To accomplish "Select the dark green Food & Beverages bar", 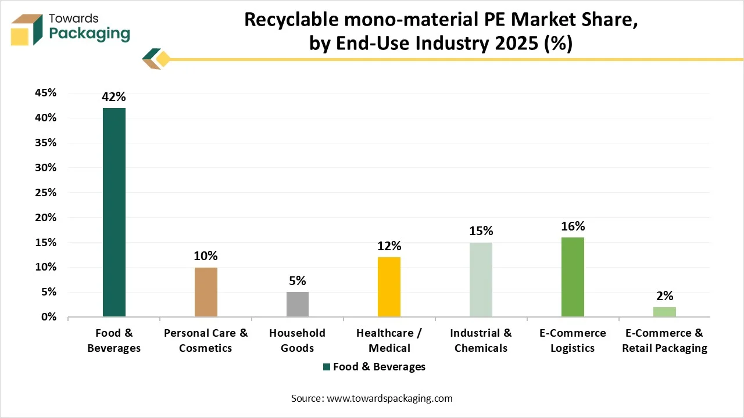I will pos(114,212).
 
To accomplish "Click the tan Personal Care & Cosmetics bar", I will pos(206,292).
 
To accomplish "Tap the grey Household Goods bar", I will pos(298,304).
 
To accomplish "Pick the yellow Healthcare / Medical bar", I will pos(389,287).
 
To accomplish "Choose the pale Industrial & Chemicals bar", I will pos(481,279).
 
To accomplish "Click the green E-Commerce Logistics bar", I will pos(573,277).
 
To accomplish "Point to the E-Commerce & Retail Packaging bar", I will pos(664,312).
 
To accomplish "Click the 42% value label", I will pos(114,97).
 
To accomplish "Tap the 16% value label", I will pos(573,226).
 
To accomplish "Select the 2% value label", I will pos(664,296).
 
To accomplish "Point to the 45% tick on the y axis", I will pos(45,93).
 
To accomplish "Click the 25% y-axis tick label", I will pos(45,193).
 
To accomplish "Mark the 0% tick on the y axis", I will pos(48,317).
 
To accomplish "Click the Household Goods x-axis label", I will pos(298,340).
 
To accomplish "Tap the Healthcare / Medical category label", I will pos(389,340).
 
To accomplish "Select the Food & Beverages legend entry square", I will pos(327,367).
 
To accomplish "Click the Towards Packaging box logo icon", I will pos(27,29).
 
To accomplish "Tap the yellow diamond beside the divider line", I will pos(163,59).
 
